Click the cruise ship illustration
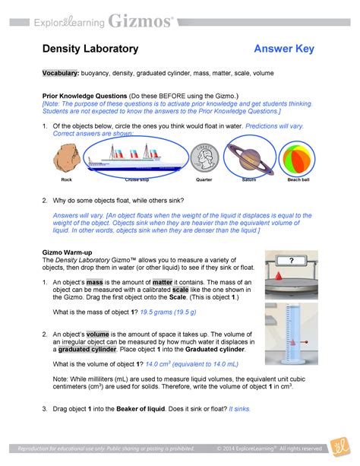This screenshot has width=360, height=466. click(x=132, y=159)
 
